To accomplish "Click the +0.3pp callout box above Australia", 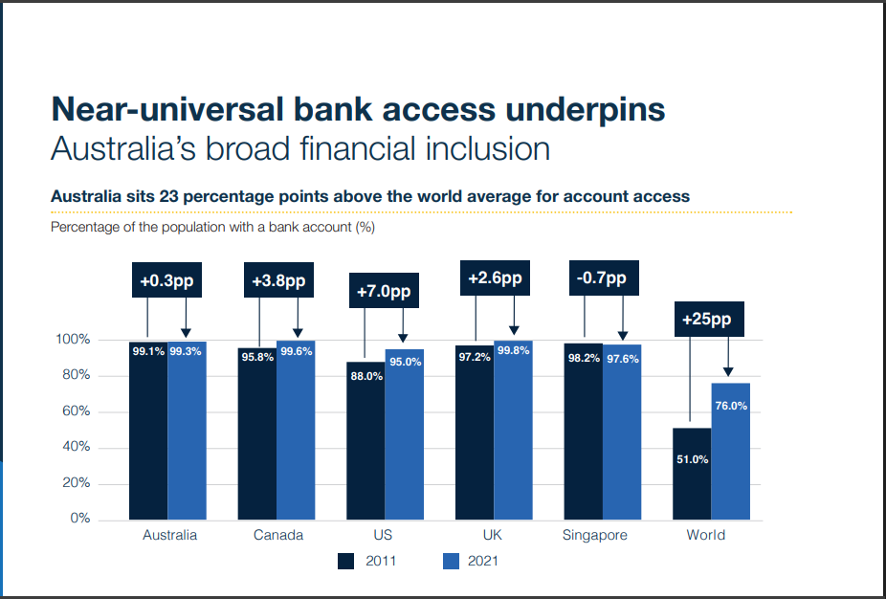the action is [166, 279].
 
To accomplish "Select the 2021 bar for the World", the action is [731, 452].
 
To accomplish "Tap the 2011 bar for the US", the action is [365, 441].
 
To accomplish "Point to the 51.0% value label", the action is [692, 459].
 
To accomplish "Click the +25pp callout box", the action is [709, 320].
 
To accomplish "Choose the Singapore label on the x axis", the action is [594, 535].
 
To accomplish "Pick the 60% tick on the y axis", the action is [77, 410].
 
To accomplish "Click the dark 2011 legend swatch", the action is [345, 561].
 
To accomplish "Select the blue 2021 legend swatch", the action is [451, 561].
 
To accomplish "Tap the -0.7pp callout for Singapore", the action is [604, 278].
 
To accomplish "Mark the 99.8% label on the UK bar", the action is [513, 350].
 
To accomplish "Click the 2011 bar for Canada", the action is [257, 434].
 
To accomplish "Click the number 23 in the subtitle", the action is [168, 196].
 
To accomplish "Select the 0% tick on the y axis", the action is [80, 519].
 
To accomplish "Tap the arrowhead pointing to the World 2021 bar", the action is [728, 372].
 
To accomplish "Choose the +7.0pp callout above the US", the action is [385, 291].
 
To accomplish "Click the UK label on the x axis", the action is [492, 535].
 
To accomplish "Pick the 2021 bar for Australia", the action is [187, 431].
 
